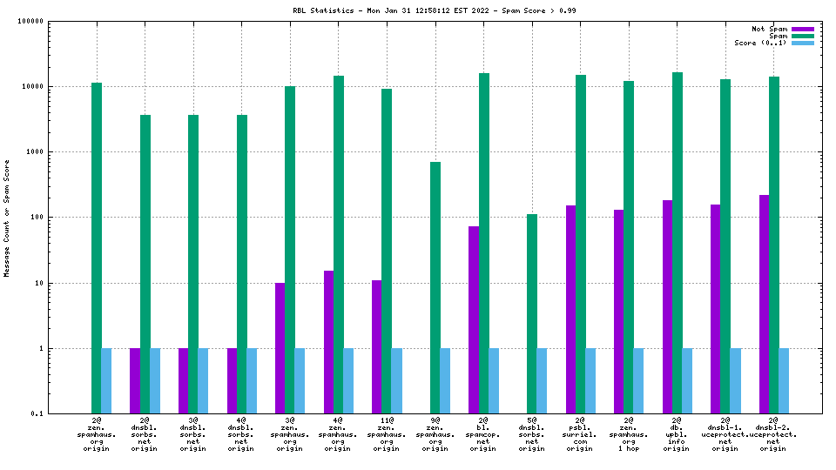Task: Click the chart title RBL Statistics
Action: (434, 10)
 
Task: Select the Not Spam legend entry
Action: (771, 29)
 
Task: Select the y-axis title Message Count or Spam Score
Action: (7, 218)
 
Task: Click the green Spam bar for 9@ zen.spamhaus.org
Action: (435, 287)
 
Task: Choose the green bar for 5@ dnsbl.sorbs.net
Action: (532, 313)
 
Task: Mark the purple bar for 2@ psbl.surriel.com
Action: (570, 309)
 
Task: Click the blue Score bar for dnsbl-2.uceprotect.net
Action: (784, 380)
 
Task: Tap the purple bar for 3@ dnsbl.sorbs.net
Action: (184, 380)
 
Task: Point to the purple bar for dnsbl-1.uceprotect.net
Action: (715, 309)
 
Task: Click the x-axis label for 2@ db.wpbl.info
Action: (677, 433)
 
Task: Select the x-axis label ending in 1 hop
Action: (629, 433)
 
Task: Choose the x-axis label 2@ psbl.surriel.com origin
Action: (580, 433)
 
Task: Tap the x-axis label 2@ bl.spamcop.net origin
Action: (483, 433)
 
